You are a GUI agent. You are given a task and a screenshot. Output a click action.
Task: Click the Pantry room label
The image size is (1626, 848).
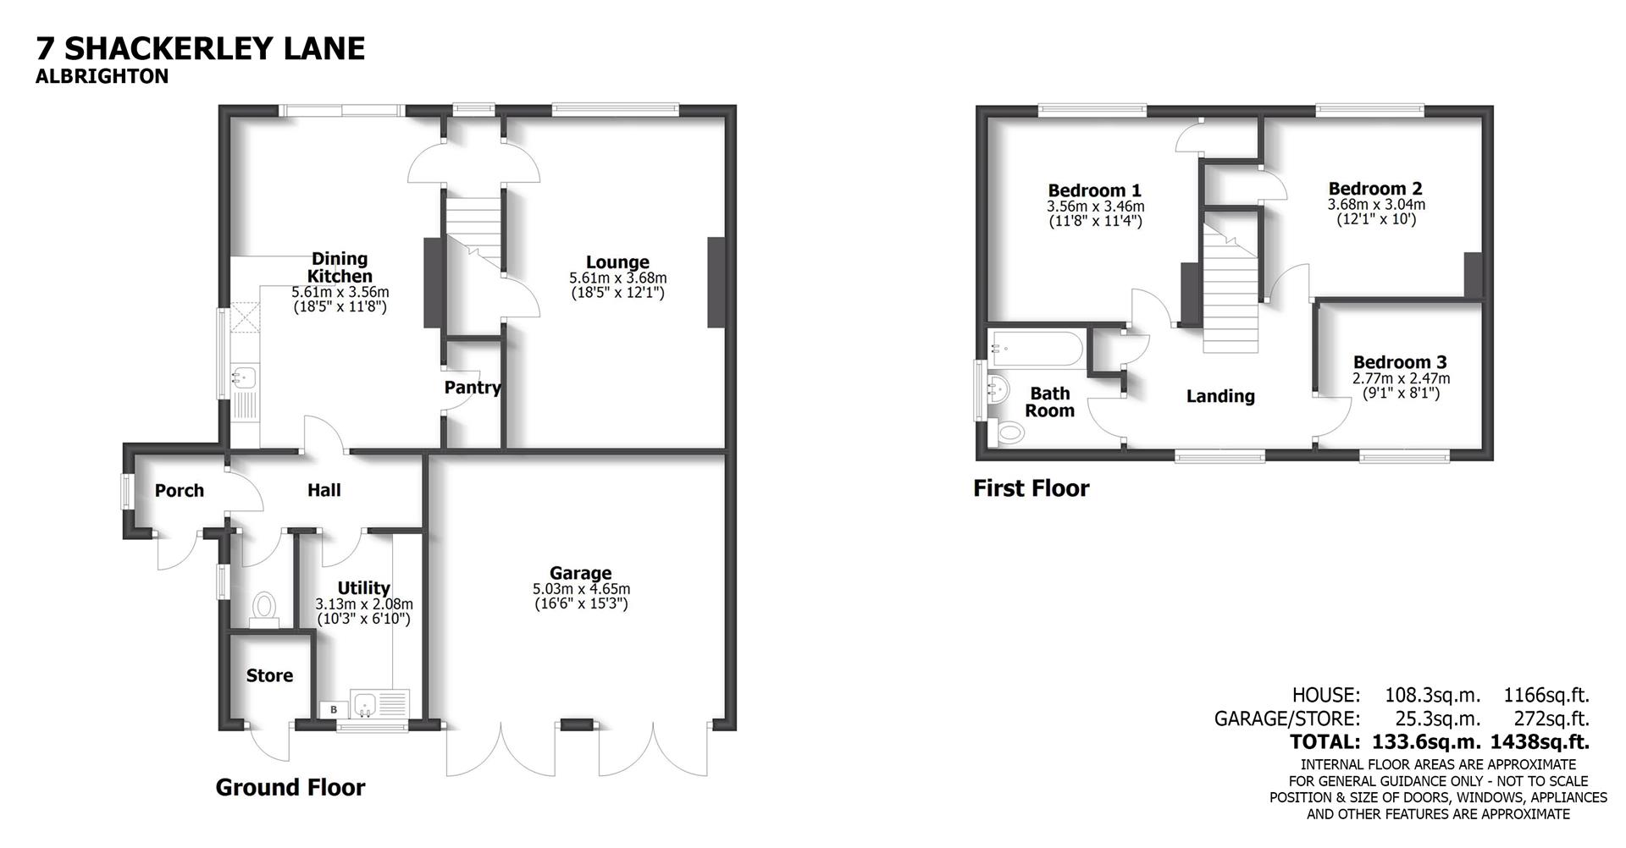pyautogui.click(x=473, y=388)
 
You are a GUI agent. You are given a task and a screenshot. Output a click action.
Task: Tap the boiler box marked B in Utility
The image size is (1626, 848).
pyautogui.click(x=333, y=709)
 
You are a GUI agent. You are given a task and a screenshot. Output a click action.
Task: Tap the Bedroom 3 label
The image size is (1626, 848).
pyautogui.click(x=1399, y=362)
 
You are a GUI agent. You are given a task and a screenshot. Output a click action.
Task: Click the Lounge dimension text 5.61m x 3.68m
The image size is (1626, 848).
pyautogui.click(x=617, y=278)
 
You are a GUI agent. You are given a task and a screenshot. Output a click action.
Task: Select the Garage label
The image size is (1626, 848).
pyautogui.click(x=580, y=574)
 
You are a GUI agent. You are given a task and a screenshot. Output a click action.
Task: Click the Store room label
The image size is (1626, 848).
pyautogui.click(x=269, y=675)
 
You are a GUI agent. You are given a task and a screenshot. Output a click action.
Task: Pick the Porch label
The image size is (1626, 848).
pyautogui.click(x=180, y=491)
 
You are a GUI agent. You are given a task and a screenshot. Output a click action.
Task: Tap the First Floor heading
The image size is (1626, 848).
pyautogui.click(x=1031, y=488)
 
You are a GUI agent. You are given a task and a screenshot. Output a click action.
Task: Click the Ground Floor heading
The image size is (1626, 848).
pyautogui.click(x=290, y=788)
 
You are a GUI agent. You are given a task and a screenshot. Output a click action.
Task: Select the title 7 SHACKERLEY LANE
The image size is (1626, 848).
pyautogui.click(x=200, y=48)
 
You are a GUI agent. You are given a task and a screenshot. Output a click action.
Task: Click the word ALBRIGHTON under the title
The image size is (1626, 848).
pyautogui.click(x=102, y=77)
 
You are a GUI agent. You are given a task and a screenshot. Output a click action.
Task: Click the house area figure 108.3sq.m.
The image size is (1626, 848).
pyautogui.click(x=1432, y=696)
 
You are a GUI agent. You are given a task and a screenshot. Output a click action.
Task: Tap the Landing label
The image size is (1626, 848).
pyautogui.click(x=1219, y=396)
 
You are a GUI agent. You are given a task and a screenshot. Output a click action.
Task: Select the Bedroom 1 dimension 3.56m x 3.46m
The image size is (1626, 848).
pyautogui.click(x=1094, y=206)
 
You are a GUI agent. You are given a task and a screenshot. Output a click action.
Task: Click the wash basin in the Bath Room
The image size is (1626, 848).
pyautogui.click(x=1000, y=391)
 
